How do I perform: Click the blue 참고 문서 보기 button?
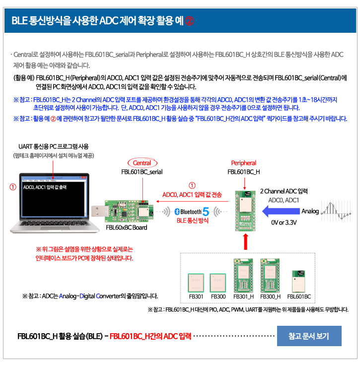click(309, 336)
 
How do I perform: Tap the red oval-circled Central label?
click(142, 163)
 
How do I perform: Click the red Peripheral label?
click(243, 163)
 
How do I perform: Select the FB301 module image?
click(196, 283)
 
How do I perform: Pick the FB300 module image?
click(218, 283)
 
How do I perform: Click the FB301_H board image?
click(243, 276)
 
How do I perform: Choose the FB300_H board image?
click(270, 276)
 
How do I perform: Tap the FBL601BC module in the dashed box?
click(298, 281)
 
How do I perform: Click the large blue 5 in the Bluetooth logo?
click(206, 212)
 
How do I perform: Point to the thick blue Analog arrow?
click(281, 211)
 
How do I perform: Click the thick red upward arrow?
click(245, 242)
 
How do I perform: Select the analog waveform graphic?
click(336, 211)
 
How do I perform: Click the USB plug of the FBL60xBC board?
click(98, 211)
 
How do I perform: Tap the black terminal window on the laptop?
click(54, 199)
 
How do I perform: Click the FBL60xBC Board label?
click(126, 227)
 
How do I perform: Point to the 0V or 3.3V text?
click(284, 222)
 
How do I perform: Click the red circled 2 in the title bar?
click(189, 21)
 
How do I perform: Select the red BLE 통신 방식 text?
click(192, 220)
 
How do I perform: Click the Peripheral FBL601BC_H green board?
click(245, 211)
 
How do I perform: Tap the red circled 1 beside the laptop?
click(13, 187)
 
